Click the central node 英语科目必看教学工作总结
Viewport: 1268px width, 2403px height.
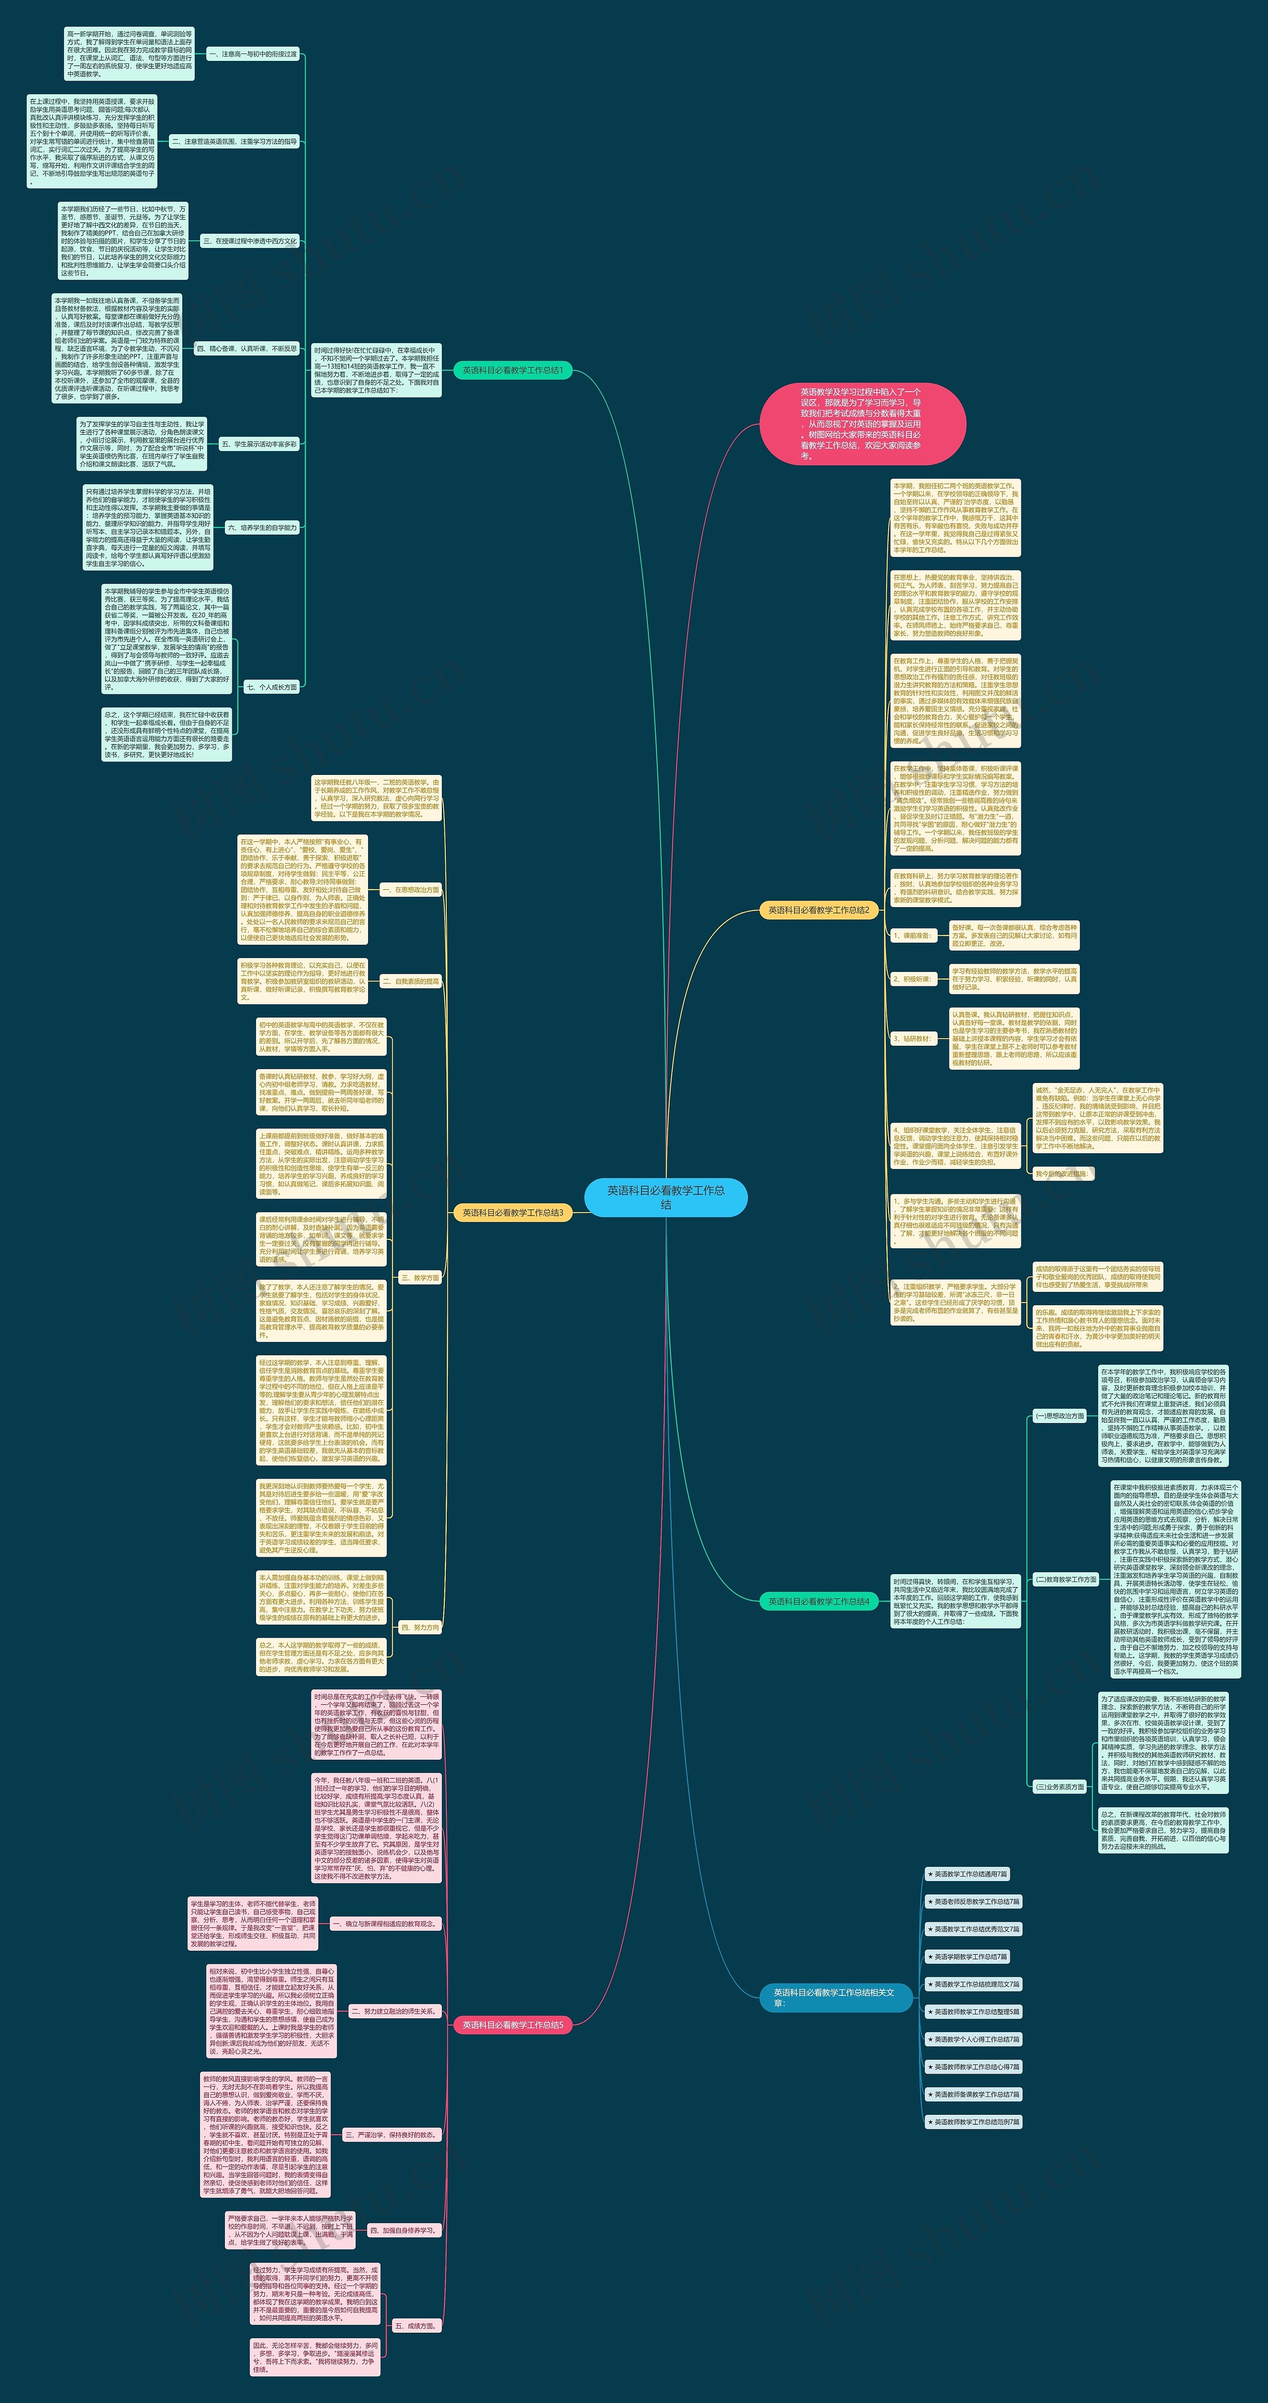click(x=665, y=1197)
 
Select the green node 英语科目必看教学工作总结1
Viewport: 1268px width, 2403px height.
click(x=512, y=370)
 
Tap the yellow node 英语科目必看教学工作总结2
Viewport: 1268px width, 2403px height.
click(x=818, y=910)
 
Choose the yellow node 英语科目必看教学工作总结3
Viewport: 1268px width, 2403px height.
click(x=512, y=1213)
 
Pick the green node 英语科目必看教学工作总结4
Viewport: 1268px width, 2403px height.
click(x=818, y=1601)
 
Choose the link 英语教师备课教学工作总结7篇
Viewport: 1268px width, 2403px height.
click(x=973, y=2094)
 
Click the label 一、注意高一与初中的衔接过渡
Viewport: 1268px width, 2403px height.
click(x=252, y=54)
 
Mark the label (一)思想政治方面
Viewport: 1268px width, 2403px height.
click(x=1059, y=1415)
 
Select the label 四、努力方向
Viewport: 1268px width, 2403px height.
click(x=419, y=1627)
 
